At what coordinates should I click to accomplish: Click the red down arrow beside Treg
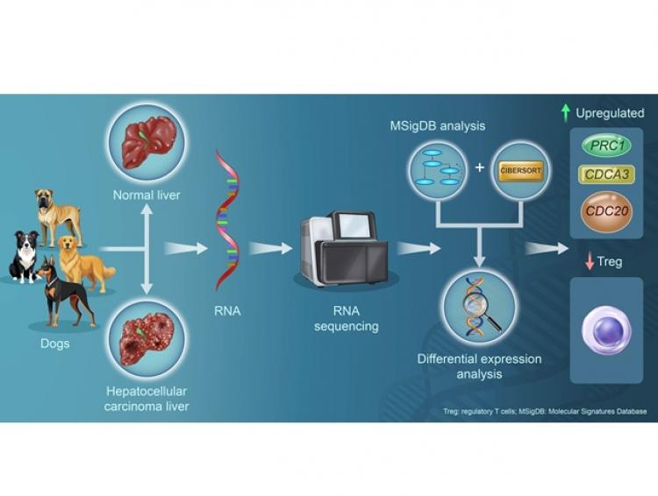point(590,262)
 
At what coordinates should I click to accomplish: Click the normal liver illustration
point(147,139)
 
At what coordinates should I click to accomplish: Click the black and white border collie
point(25,255)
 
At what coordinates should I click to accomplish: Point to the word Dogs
point(56,343)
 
